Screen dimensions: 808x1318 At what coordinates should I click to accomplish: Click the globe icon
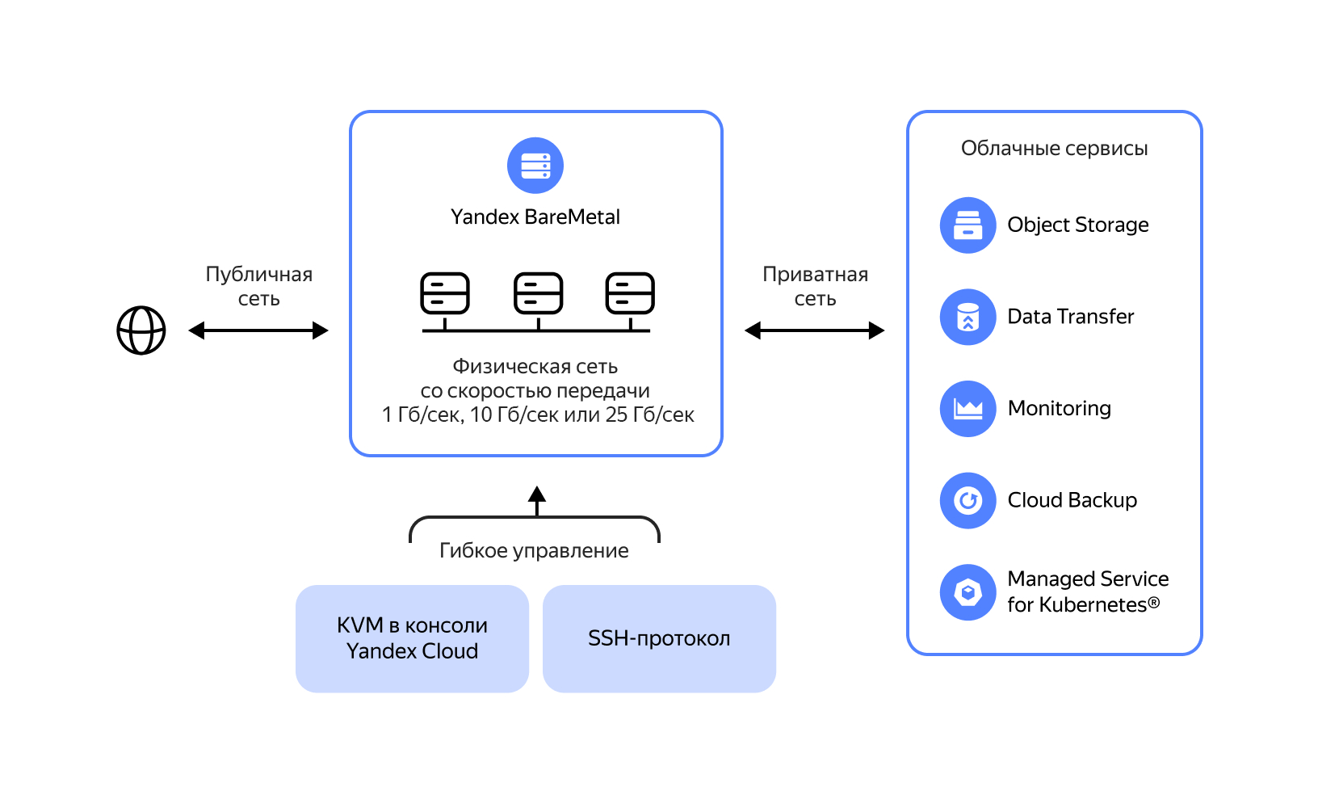tap(141, 330)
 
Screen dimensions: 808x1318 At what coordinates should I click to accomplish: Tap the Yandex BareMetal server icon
tap(535, 166)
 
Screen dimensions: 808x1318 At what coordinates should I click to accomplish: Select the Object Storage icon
tap(968, 225)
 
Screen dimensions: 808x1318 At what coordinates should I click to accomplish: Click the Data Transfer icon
tap(968, 317)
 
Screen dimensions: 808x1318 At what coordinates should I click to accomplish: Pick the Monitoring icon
tap(968, 409)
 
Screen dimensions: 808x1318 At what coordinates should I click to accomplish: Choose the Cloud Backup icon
tap(968, 501)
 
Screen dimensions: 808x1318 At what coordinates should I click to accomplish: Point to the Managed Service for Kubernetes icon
tap(968, 592)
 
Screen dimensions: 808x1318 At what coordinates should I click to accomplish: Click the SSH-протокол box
tap(659, 638)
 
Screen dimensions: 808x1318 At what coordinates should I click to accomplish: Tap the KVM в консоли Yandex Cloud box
tap(412, 638)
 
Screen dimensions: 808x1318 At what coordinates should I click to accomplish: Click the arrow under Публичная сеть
tap(258, 330)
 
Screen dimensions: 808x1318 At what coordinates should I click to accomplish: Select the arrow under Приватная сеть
tap(814, 330)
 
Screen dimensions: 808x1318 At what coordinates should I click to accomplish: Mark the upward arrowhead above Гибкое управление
tap(537, 494)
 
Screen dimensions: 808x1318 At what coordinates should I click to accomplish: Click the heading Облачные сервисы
tap(1054, 149)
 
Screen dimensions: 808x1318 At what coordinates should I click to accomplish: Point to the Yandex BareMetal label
tap(535, 217)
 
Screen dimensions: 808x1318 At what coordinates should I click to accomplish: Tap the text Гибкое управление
tap(534, 551)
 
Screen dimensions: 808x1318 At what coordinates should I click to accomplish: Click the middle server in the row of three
tap(539, 293)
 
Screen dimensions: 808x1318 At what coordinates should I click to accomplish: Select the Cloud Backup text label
tap(1072, 501)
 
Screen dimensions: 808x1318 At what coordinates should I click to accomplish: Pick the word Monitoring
tap(1059, 409)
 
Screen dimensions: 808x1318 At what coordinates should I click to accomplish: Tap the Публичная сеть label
tap(258, 287)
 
